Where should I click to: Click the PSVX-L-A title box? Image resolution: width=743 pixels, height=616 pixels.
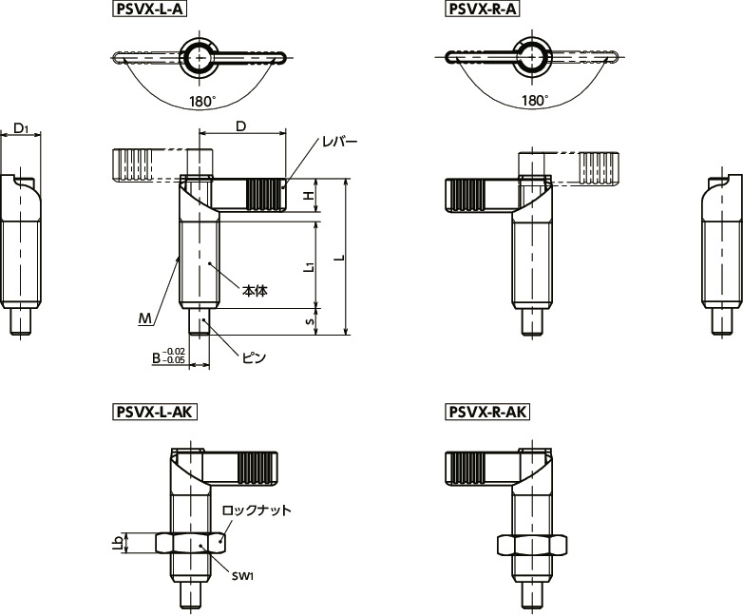pyautogui.click(x=150, y=9)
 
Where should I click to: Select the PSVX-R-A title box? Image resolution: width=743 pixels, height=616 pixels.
pyautogui.click(x=482, y=9)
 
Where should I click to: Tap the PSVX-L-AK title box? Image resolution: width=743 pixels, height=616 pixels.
pyautogui.click(x=155, y=412)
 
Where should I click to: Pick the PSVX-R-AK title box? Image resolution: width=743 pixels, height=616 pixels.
pyautogui.click(x=487, y=412)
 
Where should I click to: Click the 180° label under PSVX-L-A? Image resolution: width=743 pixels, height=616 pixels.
pyautogui.click(x=202, y=101)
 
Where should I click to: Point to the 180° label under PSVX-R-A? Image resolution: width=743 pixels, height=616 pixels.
pyautogui.click(x=535, y=101)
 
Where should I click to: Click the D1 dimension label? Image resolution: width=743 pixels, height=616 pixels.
pyautogui.click(x=21, y=127)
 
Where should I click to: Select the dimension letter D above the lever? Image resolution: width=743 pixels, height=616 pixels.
pyautogui.click(x=241, y=126)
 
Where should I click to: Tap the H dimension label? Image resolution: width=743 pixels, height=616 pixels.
pyautogui.click(x=309, y=196)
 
